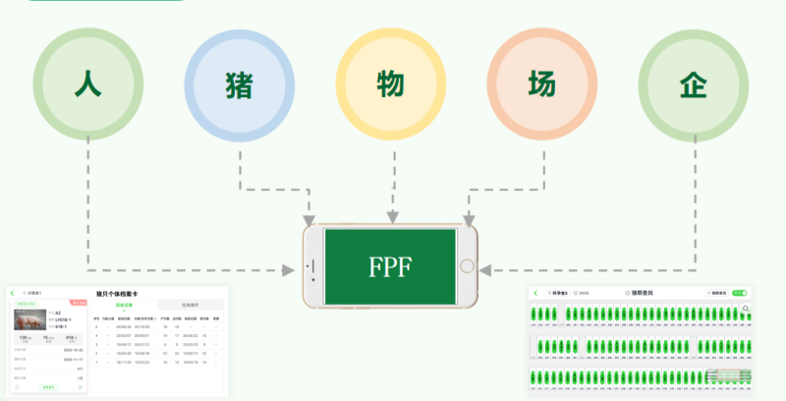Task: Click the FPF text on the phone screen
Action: click(390, 267)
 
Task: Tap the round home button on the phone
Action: click(468, 266)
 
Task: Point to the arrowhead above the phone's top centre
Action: click(392, 216)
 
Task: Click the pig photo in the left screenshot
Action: click(27, 320)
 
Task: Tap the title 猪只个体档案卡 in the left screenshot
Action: click(116, 293)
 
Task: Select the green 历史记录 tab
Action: click(124, 306)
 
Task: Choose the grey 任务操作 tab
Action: click(191, 306)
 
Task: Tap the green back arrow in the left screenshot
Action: click(13, 293)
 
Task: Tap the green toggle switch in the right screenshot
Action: click(740, 293)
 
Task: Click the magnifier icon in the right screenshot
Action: click(747, 309)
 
